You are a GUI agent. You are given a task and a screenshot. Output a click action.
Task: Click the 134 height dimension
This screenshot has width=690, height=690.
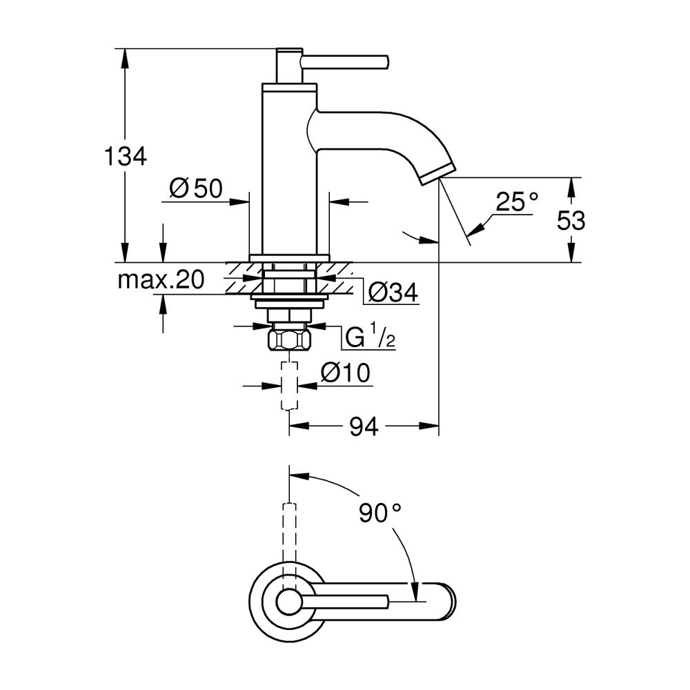[x=125, y=157]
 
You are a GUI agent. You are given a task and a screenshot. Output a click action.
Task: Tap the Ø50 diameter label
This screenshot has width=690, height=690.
[x=195, y=188]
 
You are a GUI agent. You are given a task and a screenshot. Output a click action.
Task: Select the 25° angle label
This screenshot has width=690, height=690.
[x=517, y=201]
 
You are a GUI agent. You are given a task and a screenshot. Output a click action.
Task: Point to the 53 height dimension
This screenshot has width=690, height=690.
[x=571, y=221]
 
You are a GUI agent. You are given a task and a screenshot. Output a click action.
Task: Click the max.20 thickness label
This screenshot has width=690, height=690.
[x=160, y=279]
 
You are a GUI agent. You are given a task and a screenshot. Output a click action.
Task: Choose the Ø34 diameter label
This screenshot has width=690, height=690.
[x=393, y=293]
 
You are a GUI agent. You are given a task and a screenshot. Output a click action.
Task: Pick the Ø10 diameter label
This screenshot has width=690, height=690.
[x=346, y=373]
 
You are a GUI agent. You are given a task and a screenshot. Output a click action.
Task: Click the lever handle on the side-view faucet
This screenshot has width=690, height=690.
[x=345, y=61]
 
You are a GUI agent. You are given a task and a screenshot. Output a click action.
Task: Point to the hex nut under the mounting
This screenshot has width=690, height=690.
[x=289, y=341]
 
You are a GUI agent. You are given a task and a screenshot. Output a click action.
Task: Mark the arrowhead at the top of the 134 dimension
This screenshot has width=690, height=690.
[x=125, y=55]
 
